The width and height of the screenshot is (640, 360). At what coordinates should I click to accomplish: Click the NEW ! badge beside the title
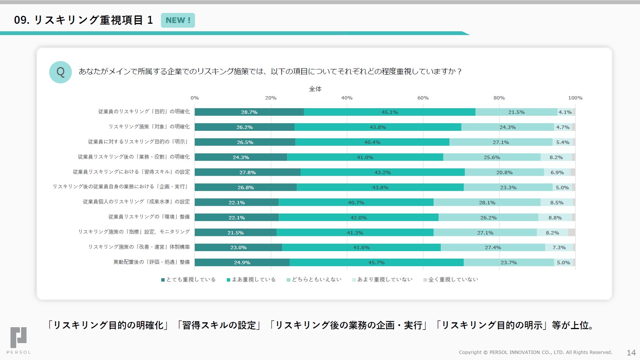[178, 20]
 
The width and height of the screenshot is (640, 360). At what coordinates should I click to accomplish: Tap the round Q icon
[60, 72]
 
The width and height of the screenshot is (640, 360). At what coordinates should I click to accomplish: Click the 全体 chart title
[315, 89]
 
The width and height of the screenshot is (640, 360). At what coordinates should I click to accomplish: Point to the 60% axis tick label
[423, 98]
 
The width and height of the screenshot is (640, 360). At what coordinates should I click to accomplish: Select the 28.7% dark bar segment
[249, 112]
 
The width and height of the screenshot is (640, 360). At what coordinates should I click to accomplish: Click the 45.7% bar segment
[376, 263]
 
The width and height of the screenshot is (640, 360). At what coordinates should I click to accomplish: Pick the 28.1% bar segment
[487, 202]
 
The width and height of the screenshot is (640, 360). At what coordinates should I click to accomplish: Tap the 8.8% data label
[555, 218]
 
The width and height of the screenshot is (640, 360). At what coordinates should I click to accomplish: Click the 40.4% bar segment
[372, 142]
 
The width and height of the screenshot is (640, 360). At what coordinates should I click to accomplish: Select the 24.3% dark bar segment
[241, 157]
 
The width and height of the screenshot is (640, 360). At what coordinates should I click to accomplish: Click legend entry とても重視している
[188, 280]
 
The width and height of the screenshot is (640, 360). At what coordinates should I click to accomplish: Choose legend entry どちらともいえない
[314, 280]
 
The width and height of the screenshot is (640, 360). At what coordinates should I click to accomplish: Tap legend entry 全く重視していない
[451, 280]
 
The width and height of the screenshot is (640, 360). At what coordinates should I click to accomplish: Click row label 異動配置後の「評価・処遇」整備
[152, 262]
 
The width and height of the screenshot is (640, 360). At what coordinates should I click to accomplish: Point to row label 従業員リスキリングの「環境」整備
[149, 217]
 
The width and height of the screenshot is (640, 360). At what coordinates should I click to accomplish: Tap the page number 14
[631, 353]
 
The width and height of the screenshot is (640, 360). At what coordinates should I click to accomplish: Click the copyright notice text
[535, 352]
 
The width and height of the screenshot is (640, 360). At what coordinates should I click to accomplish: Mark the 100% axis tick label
[575, 98]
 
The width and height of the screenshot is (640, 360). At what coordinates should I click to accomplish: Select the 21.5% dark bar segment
[235, 233]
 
